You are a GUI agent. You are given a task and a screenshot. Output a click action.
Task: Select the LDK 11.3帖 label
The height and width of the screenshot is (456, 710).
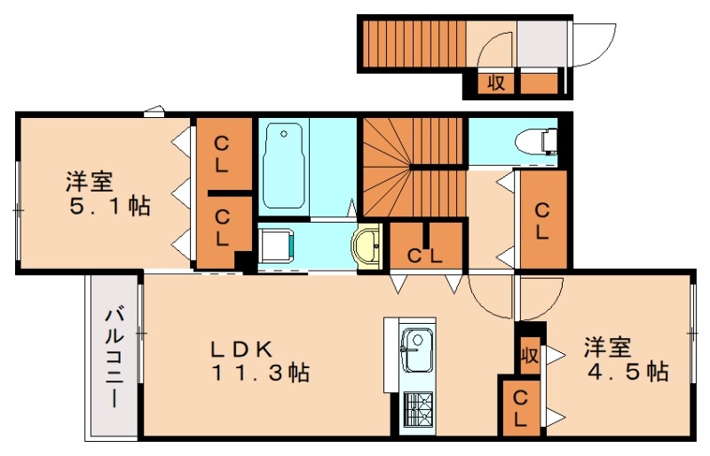(x=259, y=360)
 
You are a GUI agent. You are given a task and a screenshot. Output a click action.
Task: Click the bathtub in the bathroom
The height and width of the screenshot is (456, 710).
(x=283, y=166)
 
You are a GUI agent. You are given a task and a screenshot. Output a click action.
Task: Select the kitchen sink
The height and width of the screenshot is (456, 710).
(x=414, y=350)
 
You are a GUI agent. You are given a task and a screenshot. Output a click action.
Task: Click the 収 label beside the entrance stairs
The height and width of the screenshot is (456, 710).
(x=495, y=83)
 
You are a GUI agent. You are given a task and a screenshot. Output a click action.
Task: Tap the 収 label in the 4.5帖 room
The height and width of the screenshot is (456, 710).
(x=530, y=357)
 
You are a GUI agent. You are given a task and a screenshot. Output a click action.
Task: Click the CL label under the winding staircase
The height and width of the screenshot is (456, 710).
(x=425, y=256)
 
